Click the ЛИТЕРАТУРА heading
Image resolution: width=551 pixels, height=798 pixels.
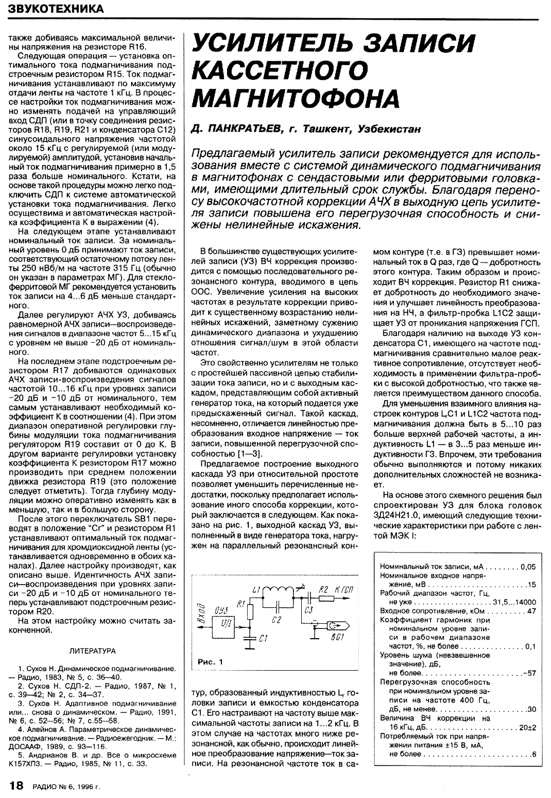point(92,651)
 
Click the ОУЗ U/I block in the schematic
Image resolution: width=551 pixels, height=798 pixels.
point(225,620)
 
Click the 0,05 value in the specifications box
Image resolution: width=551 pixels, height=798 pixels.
point(528,566)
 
